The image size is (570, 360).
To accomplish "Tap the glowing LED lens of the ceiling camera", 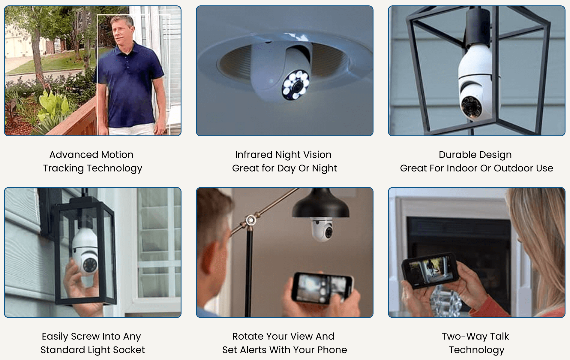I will pyautogui.click(x=295, y=86).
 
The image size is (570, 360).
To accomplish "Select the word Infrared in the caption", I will pyautogui.click(x=254, y=155).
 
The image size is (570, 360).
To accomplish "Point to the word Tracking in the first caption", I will pyautogui.click(x=63, y=168).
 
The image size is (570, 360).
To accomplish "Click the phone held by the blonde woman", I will pyautogui.click(x=430, y=270).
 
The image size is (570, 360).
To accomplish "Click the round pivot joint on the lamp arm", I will pyautogui.click(x=251, y=220).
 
